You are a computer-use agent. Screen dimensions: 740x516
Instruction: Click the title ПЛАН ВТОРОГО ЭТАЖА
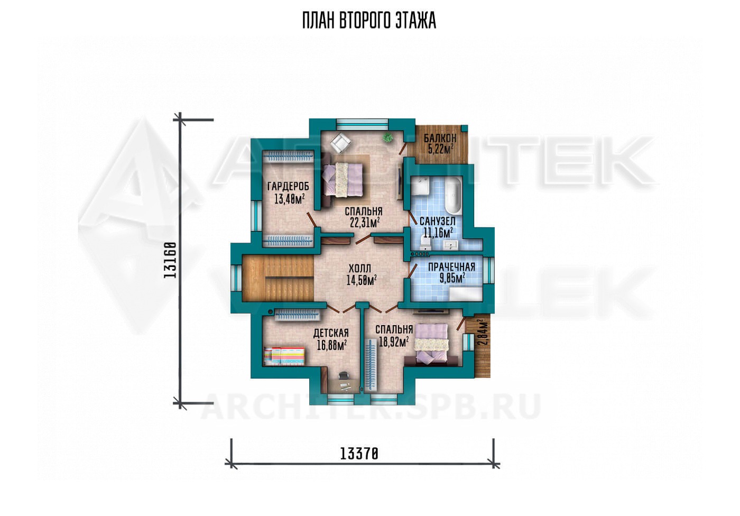point(369,21)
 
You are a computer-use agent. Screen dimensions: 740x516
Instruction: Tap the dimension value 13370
point(359,455)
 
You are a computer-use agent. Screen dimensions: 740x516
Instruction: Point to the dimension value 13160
point(170,260)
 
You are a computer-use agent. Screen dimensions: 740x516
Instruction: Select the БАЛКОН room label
point(440,137)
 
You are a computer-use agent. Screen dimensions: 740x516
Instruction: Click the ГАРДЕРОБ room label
point(288,187)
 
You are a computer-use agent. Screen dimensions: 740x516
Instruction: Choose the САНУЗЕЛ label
point(438,221)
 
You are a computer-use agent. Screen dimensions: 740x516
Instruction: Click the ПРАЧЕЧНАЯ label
point(451,267)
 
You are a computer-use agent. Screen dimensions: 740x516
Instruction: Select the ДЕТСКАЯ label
point(331,333)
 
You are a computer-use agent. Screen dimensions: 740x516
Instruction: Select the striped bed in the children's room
point(284,356)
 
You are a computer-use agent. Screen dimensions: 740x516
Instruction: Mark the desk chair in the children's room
point(344,375)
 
